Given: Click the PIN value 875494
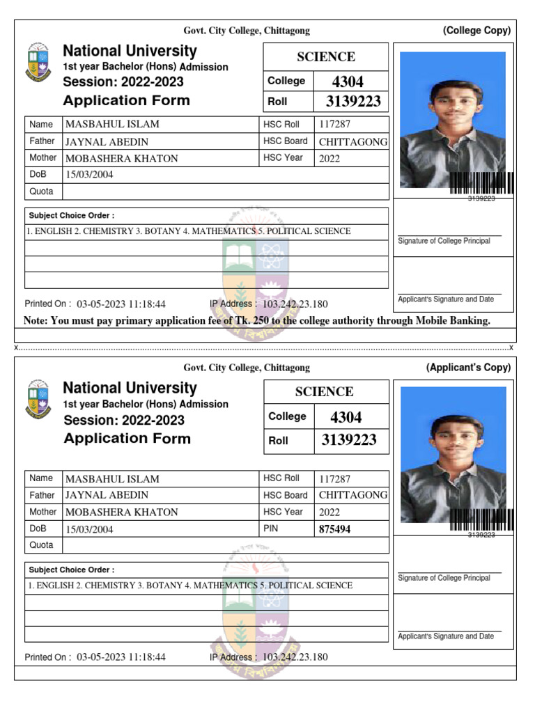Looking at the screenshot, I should (334, 529).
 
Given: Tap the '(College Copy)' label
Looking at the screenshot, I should (476, 31).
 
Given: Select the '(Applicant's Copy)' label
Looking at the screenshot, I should (468, 368).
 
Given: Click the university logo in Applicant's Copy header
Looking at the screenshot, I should (38, 399).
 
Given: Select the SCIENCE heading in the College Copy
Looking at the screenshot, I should (325, 57).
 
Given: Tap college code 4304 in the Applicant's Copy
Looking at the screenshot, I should (346, 417).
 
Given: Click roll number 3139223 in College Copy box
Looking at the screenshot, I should (353, 102).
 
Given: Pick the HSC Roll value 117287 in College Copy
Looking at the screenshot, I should (334, 125).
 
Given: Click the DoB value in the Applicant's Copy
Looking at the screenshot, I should (89, 529).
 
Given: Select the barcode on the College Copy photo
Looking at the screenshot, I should (481, 183).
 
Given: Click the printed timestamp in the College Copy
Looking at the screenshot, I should (121, 304).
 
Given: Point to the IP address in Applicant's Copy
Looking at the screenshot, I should (295, 657).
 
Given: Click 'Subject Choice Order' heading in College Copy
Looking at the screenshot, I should (72, 216).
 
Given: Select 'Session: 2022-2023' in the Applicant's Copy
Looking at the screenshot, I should (124, 420).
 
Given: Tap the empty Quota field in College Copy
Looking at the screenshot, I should (226, 191).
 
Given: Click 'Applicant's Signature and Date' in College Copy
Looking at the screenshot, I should (446, 299).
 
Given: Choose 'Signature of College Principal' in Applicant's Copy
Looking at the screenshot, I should (444, 578).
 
